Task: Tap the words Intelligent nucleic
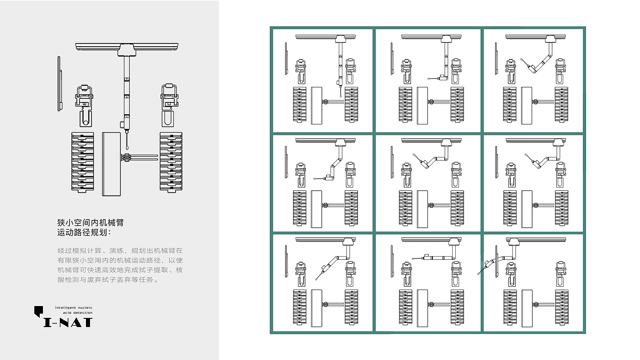74,308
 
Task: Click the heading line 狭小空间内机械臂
90,223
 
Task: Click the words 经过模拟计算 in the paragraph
80,251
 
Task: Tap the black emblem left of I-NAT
38,312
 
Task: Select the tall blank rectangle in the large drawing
112,164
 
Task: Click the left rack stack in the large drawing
83,162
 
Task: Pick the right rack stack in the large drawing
171,162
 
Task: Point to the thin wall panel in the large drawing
59,84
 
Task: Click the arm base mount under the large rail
127,50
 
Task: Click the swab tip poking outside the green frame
479,273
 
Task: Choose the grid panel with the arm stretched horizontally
428,283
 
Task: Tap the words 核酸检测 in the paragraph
168,270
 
